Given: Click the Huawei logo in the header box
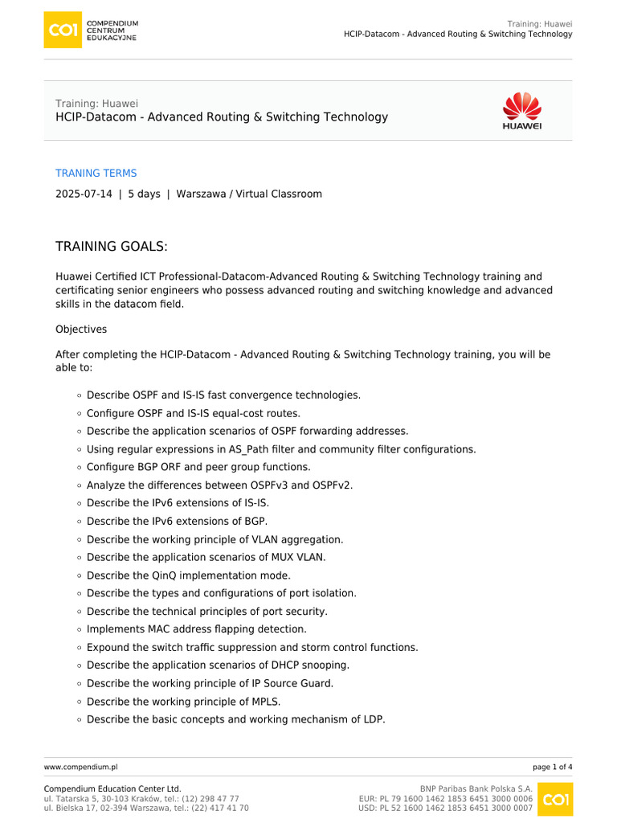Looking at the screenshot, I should (521, 111).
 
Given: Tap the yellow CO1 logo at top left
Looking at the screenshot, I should (63, 31).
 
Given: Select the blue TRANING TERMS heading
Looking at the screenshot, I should (96, 173).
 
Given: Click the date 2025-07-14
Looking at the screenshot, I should (83, 194).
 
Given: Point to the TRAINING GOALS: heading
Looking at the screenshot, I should (111, 245).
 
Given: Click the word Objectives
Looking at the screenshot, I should (81, 330).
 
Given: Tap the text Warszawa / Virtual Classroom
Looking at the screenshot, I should (249, 194).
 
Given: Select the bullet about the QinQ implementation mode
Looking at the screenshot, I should (188, 575).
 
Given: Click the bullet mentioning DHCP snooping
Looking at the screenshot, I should (218, 665).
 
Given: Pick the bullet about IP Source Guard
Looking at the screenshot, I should (210, 683).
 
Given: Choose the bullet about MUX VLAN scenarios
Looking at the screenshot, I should (217, 557).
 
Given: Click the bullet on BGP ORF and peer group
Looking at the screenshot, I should (198, 467).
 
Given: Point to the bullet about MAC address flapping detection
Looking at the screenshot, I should (196, 629).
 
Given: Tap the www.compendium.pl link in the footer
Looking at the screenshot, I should (80, 768).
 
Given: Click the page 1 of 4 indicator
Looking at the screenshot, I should (552, 768).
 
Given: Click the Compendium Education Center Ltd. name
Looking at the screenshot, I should (112, 789).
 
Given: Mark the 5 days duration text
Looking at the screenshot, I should (144, 194).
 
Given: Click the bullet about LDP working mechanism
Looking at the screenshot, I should (235, 719).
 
